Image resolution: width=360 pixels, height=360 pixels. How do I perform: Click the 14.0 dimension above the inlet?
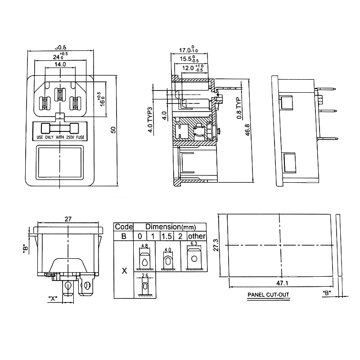[x=61, y=65]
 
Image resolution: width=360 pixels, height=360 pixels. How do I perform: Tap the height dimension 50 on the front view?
[x=113, y=129]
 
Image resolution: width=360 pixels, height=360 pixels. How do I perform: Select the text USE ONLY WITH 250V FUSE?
[x=61, y=137]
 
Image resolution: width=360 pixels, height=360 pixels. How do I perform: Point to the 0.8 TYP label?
[x=239, y=109]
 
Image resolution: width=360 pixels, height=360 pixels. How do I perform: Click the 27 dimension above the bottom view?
[x=68, y=220]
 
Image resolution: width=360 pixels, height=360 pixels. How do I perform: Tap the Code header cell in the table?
[x=124, y=227]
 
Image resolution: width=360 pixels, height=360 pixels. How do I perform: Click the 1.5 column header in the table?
[x=166, y=236]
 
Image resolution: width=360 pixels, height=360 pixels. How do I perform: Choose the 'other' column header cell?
[x=197, y=236]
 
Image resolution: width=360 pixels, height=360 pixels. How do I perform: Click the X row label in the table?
[x=124, y=271]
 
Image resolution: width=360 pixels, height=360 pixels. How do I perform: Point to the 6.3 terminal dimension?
[x=194, y=244]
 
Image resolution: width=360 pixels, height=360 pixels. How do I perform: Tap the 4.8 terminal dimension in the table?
[x=144, y=246]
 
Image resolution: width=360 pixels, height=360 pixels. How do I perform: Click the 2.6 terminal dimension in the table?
[x=144, y=275]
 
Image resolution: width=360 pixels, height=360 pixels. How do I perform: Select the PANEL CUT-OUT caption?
[x=268, y=296]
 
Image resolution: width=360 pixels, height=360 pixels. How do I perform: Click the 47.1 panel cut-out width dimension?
[x=283, y=283]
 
